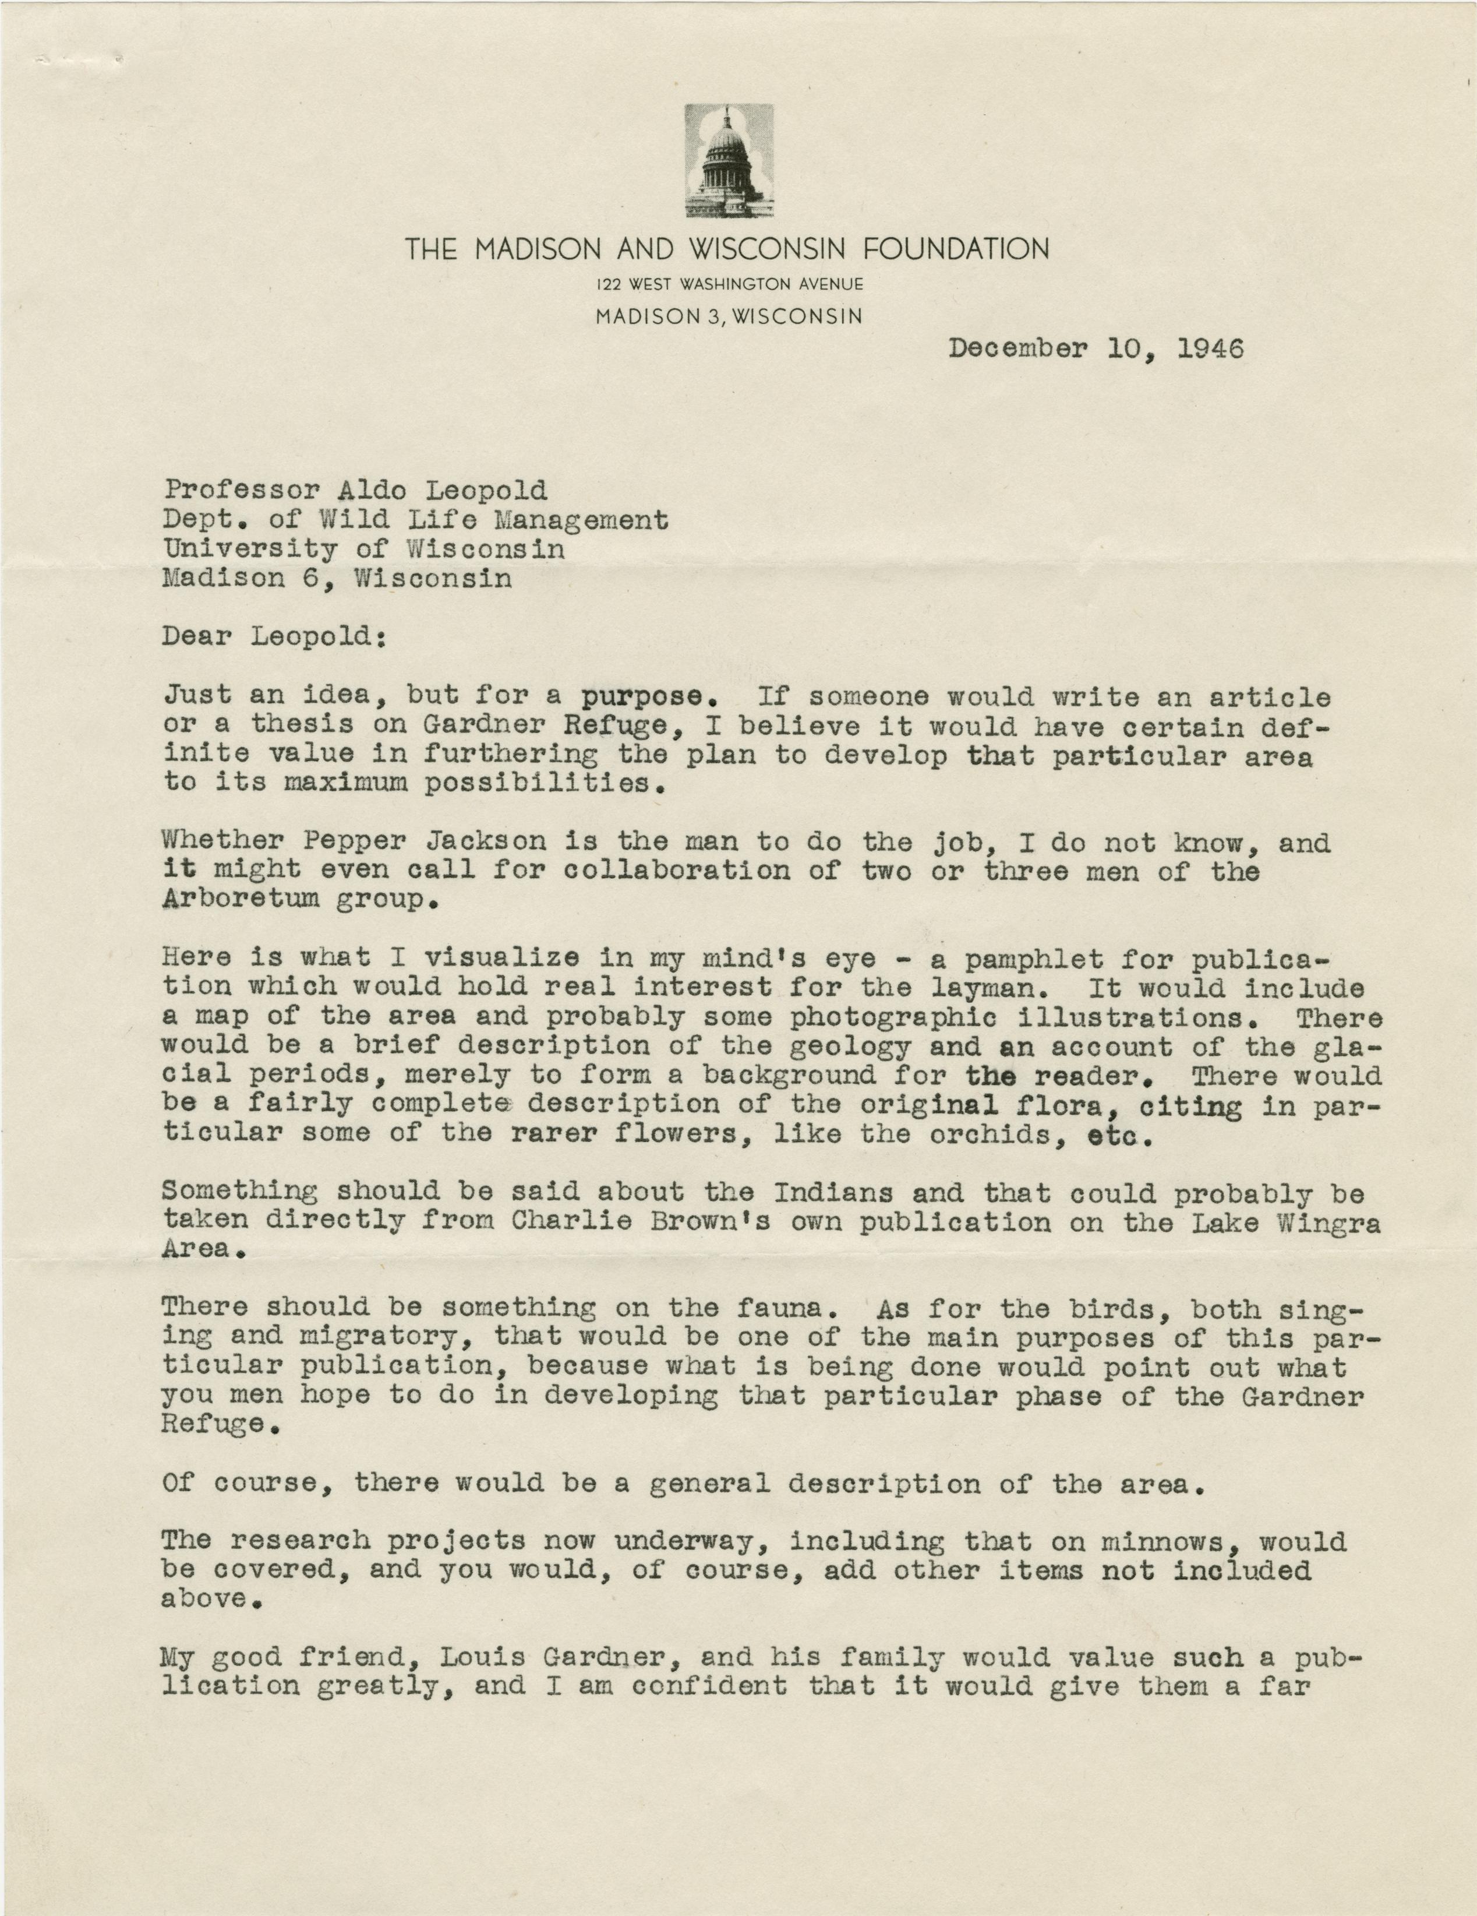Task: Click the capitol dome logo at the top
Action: (729, 161)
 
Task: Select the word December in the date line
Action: (1018, 349)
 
